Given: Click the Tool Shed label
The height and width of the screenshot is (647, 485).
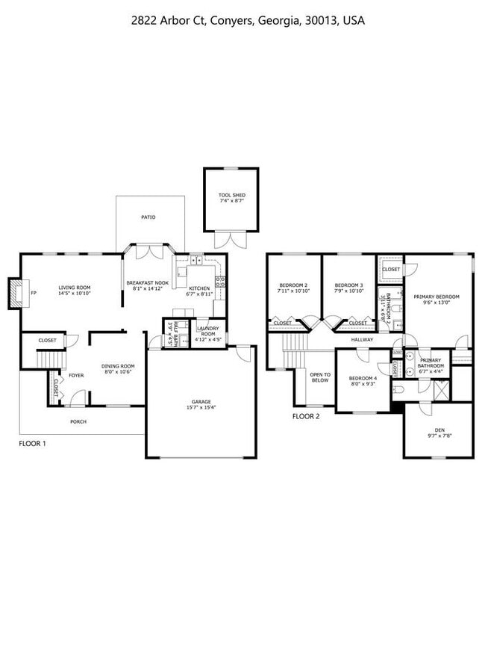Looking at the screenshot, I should pyautogui.click(x=231, y=195).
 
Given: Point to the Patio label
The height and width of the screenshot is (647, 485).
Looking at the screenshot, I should pyautogui.click(x=148, y=217).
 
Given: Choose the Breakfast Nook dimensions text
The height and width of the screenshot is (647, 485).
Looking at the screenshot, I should pyautogui.click(x=147, y=288).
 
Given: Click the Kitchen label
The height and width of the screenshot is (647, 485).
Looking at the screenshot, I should pyautogui.click(x=199, y=288).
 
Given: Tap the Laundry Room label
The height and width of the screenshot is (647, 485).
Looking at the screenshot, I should pyautogui.click(x=206, y=331).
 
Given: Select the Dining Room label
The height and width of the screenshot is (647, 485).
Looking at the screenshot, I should pyautogui.click(x=118, y=366).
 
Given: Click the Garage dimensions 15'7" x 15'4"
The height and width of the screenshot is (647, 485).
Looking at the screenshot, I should pyautogui.click(x=201, y=408).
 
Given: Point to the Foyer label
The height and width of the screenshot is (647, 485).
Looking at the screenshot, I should pyautogui.click(x=76, y=375).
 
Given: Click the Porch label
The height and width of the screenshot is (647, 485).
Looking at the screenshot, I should pyautogui.click(x=78, y=421).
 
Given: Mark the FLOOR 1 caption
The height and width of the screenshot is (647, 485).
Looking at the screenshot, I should pyautogui.click(x=32, y=444).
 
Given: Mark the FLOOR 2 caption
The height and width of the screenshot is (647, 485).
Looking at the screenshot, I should pyautogui.click(x=306, y=416).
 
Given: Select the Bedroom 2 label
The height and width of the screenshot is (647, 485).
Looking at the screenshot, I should pyautogui.click(x=293, y=285).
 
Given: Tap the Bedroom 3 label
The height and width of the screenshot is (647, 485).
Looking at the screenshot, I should pyautogui.click(x=348, y=285).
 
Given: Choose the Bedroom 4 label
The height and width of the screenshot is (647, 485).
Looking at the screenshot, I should pyautogui.click(x=363, y=379).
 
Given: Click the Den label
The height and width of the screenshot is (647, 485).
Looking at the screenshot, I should pyautogui.click(x=439, y=430).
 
